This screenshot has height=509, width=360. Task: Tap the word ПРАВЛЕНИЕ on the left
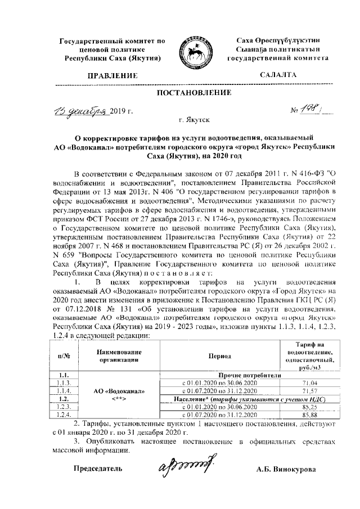113,75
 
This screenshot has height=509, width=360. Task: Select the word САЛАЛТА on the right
278,75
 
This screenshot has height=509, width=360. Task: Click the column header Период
219,356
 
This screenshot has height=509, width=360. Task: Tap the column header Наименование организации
118,356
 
